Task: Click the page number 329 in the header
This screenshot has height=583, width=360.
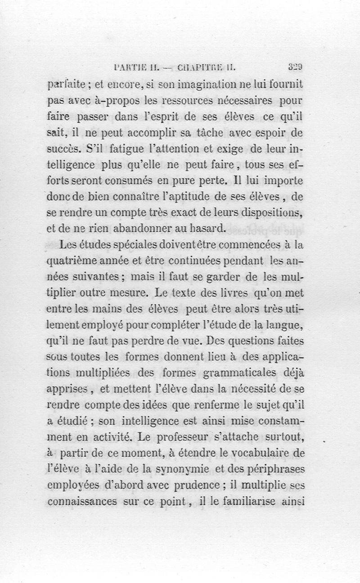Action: (295, 68)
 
